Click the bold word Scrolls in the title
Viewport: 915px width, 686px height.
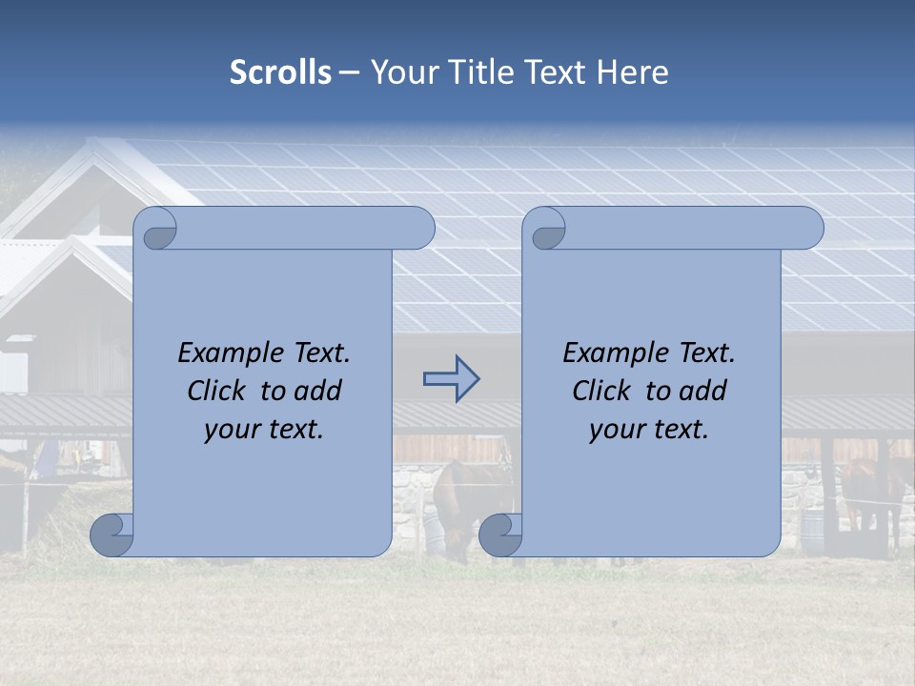(x=281, y=72)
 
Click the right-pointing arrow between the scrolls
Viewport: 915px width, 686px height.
(x=451, y=380)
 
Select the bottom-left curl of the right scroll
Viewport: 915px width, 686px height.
(x=500, y=535)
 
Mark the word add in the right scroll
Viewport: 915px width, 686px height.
(x=703, y=391)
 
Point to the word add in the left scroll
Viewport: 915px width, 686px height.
(x=318, y=391)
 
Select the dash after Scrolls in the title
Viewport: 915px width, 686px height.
(x=350, y=72)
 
